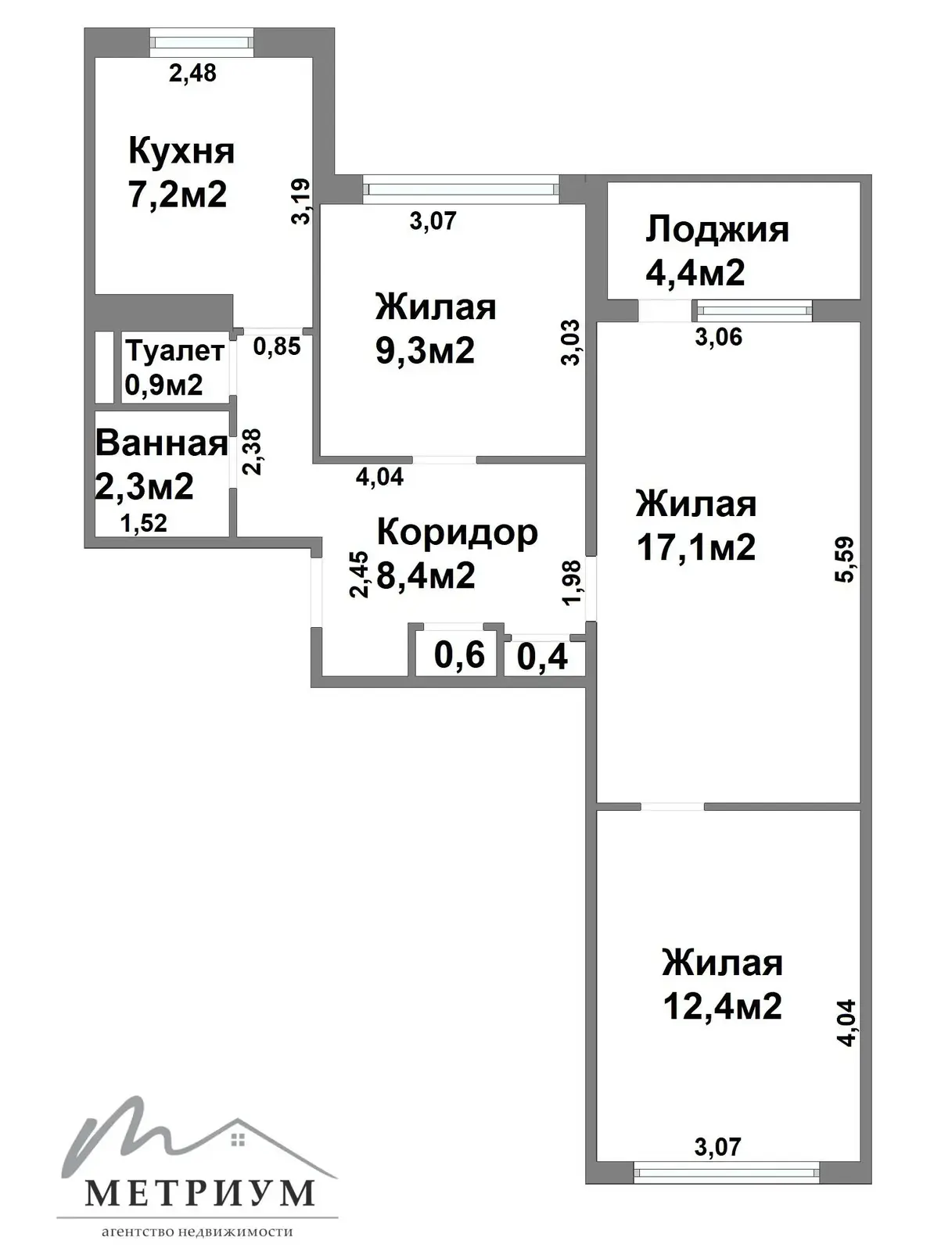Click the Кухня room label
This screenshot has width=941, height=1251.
181,150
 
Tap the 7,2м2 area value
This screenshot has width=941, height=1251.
178,194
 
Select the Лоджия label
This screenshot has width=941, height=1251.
717,230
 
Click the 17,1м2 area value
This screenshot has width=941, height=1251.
696,547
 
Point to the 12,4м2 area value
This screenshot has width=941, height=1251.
722,1005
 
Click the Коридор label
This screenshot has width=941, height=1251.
457,532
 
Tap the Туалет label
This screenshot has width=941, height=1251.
175,351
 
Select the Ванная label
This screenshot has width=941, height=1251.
161,443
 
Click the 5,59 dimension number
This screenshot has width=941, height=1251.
846,559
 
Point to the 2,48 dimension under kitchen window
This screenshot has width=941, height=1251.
192,73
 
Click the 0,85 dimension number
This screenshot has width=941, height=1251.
277,346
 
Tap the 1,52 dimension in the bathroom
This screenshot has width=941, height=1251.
144,523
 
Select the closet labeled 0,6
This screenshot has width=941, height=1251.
459,654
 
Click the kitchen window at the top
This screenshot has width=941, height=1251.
202,41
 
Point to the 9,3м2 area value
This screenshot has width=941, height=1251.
425,350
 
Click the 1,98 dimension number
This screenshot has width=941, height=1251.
572,582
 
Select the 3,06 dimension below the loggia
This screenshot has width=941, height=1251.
718,337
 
